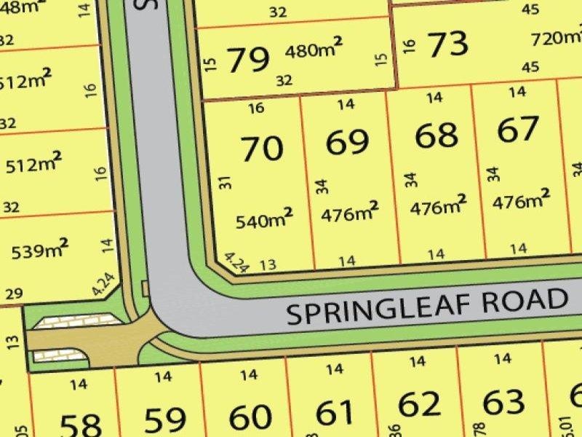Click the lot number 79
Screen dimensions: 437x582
249,60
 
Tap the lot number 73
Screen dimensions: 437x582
447,45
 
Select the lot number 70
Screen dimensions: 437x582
262,149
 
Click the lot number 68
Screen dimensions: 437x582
436,135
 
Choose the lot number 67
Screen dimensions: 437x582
518,130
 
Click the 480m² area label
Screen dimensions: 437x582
313,52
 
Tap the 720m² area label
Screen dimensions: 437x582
557,37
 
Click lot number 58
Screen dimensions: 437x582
79,425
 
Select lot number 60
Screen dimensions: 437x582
250,418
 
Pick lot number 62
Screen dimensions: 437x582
420,404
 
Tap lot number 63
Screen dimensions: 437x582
503,401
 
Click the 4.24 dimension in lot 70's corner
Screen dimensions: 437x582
237,262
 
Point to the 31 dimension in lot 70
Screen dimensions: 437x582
225,182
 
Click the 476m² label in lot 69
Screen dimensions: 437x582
349,213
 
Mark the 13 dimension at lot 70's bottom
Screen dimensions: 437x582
268,264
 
